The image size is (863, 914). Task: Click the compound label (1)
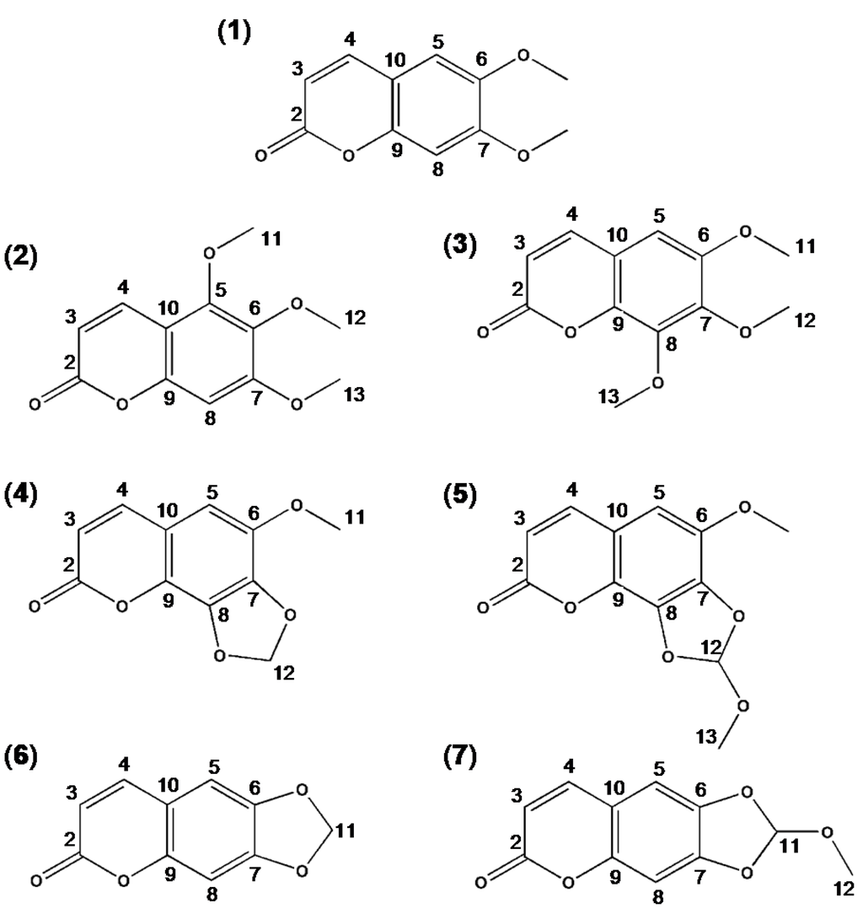pyautogui.click(x=233, y=35)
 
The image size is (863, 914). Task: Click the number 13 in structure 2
pyautogui.click(x=355, y=395)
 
